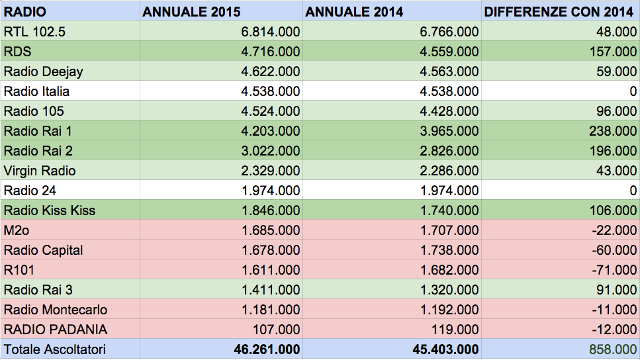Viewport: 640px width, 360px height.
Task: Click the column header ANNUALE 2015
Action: pos(191,12)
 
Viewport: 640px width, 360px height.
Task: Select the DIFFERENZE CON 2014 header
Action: pos(559,12)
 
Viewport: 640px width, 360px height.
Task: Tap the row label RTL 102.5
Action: pos(34,32)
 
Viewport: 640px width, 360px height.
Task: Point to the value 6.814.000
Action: pos(270,32)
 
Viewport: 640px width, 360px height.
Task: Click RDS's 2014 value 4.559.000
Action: pos(449,52)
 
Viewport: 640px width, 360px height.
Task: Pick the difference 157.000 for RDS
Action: pos(613,52)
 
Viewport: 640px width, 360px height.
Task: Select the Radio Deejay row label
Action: pos(43,72)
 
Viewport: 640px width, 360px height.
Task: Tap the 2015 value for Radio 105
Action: pos(270,111)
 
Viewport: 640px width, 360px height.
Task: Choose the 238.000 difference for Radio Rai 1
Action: pos(613,131)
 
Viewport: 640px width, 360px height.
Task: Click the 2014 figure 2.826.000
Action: pos(449,151)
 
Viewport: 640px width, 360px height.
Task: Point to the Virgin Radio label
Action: pos(40,171)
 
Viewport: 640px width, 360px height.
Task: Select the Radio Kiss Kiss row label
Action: pos(50,210)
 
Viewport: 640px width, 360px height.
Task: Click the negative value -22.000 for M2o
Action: pos(614,230)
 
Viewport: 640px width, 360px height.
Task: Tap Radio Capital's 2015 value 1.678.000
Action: pos(271,250)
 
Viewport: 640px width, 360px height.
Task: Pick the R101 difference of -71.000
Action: pos(614,270)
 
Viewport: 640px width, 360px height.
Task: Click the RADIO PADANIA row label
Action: pos(56,330)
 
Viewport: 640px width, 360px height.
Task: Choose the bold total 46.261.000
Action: pos(267,350)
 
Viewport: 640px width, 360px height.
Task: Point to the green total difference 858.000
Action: pos(613,350)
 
